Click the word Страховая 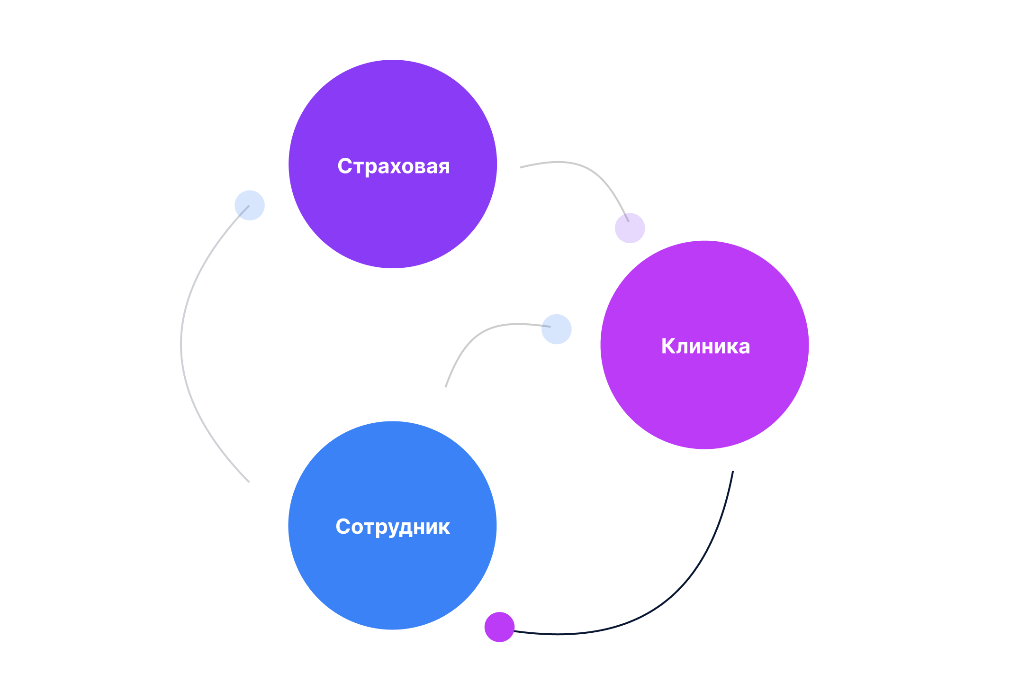[x=393, y=166]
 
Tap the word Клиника [x=705, y=346]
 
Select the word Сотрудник [x=392, y=527]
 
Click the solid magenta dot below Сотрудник [x=499, y=627]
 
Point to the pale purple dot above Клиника [x=630, y=228]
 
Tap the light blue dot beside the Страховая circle [x=249, y=205]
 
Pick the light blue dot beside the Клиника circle [x=557, y=329]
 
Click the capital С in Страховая [x=345, y=166]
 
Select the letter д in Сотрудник [x=407, y=528]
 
